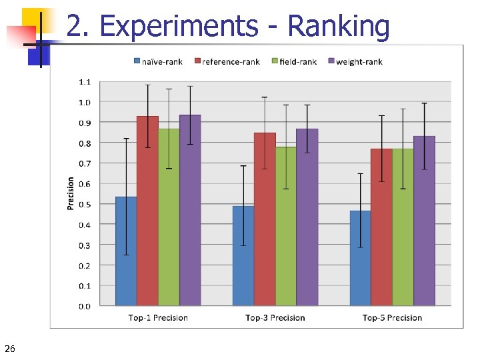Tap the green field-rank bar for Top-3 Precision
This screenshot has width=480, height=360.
pyautogui.click(x=286, y=227)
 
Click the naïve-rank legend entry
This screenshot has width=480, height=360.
pyautogui.click(x=158, y=62)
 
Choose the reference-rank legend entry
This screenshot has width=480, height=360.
pyautogui.click(x=227, y=62)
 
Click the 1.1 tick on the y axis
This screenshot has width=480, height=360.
pyautogui.click(x=85, y=82)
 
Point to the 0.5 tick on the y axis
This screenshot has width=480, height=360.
pyautogui.click(x=85, y=205)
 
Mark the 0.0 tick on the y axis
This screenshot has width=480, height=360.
pyautogui.click(x=85, y=307)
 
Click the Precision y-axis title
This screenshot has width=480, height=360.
pyautogui.click(x=71, y=193)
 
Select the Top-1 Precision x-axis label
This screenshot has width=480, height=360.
pyautogui.click(x=158, y=318)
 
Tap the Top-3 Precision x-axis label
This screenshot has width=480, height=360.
pyautogui.click(x=275, y=318)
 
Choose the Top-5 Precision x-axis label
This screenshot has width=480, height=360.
pyautogui.click(x=392, y=318)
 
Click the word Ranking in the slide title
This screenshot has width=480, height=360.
pyautogui.click(x=338, y=27)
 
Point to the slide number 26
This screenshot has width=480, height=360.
pyautogui.click(x=9, y=349)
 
